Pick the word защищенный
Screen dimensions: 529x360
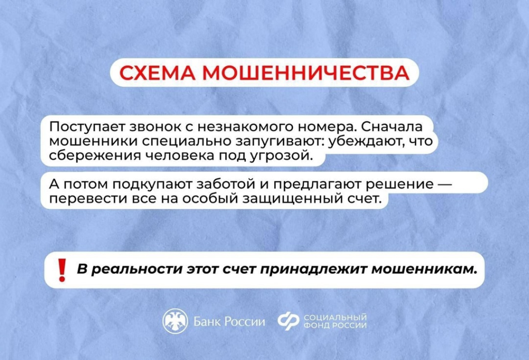tap(292, 199)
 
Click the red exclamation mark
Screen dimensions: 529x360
tap(62, 270)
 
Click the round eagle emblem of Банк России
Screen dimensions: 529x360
tap(175, 321)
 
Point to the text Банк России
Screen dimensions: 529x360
tap(229, 322)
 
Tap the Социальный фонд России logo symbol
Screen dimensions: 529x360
tap(288, 321)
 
